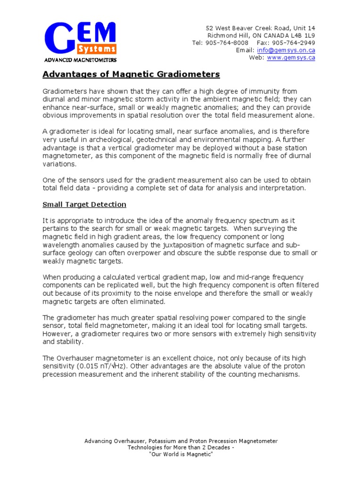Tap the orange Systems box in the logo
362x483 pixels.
point(97,49)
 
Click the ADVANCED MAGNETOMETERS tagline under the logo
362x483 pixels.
point(80,60)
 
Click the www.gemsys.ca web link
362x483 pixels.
point(291,58)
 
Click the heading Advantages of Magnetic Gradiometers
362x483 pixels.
point(131,75)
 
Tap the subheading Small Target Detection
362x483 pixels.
point(84,204)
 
